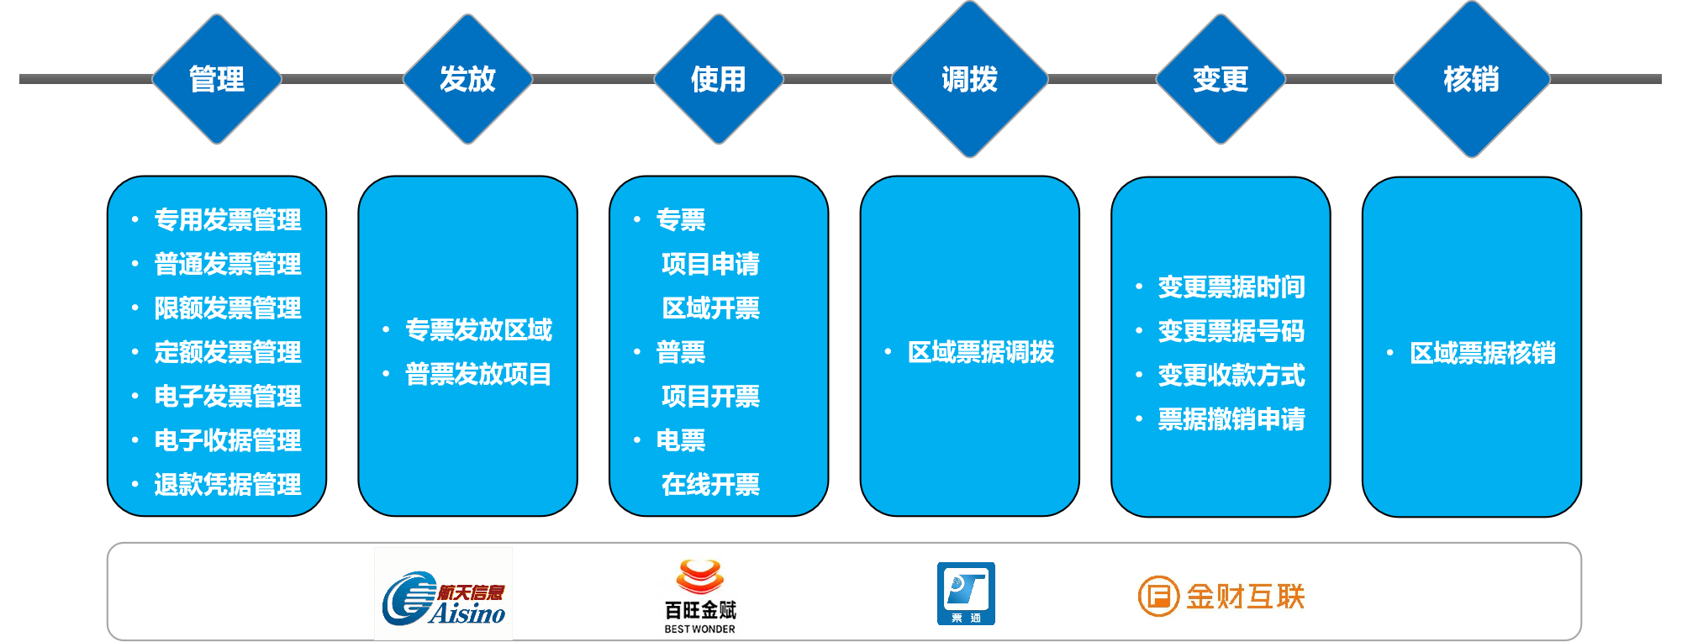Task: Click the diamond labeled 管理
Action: pos(217,79)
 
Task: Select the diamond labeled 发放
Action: pos(468,79)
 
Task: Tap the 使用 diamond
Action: pos(719,79)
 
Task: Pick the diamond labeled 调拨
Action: pos(970,79)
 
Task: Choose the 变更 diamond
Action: pos(1221,79)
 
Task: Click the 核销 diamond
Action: pos(1472,79)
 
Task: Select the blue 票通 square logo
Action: pos(966,593)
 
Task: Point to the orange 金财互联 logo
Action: pos(1221,597)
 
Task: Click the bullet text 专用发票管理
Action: pos(228,220)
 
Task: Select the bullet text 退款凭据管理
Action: pos(228,484)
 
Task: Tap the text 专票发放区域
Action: pos(479,330)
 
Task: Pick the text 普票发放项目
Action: pos(478,374)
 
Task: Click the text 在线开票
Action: pos(711,484)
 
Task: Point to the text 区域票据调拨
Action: pos(981,352)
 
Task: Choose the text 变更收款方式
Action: pos(1231,375)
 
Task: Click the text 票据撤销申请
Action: pos(1231,418)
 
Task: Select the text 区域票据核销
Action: pos(1483,353)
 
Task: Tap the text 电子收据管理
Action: pos(228,440)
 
